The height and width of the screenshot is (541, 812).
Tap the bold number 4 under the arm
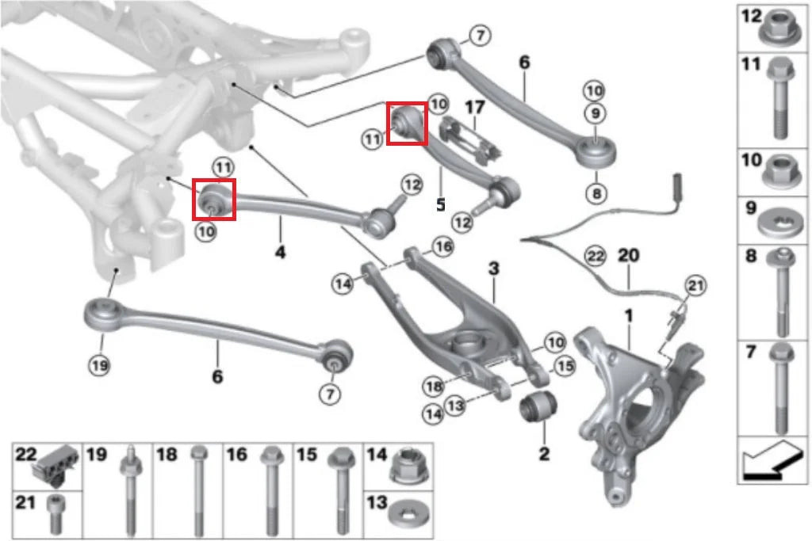click(x=280, y=253)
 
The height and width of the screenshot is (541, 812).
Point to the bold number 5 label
click(x=441, y=204)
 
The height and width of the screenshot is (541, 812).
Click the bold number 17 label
click(x=473, y=106)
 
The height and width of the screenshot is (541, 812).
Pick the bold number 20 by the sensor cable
click(x=627, y=256)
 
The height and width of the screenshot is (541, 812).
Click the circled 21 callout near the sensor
click(x=695, y=285)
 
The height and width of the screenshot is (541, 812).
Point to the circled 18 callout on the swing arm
click(x=432, y=387)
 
